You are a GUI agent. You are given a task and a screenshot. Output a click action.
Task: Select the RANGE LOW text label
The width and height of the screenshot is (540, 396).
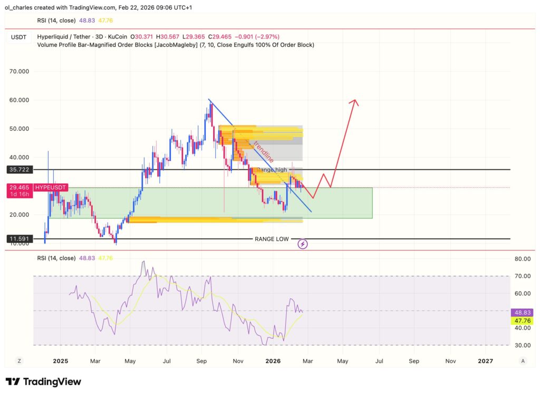tap(272, 239)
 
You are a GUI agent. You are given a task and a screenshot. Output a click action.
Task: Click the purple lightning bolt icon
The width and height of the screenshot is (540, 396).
tap(303, 244)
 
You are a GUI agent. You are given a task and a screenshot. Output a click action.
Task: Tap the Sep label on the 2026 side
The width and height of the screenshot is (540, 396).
tap(414, 361)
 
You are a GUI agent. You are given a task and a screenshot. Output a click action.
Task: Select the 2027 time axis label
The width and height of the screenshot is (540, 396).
tap(485, 361)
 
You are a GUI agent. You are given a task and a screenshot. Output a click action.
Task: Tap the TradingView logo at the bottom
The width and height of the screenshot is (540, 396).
tap(43, 382)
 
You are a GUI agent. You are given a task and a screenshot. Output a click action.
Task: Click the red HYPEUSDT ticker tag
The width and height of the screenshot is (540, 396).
tap(51, 188)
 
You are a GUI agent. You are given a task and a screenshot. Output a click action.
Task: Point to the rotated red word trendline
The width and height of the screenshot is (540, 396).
tap(263, 151)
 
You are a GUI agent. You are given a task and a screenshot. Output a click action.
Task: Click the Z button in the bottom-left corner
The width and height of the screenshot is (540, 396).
tap(19, 361)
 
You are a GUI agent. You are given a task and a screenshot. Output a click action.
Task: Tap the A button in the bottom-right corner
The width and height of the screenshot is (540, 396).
tap(523, 361)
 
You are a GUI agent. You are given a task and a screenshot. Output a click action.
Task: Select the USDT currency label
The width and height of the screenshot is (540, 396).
tap(19, 36)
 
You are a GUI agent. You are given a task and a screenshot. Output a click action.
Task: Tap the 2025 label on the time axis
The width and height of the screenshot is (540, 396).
tap(60, 361)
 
